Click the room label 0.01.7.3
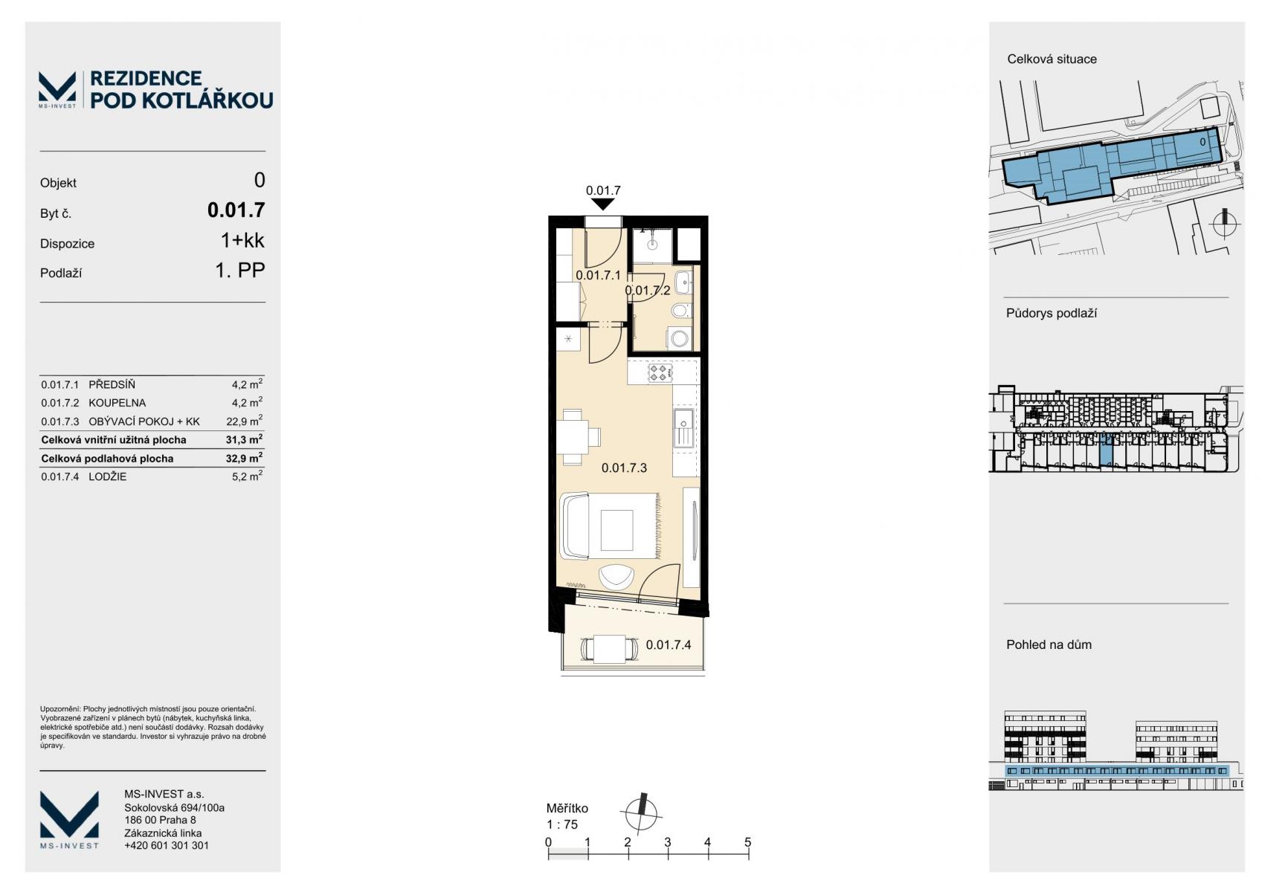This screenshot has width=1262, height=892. (x=624, y=468)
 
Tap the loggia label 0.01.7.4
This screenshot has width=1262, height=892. (x=669, y=644)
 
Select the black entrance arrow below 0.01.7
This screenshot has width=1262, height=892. (x=603, y=204)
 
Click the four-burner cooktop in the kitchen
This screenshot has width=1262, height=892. (x=660, y=372)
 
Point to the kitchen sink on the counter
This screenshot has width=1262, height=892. (x=684, y=428)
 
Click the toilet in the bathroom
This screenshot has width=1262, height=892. (x=680, y=310)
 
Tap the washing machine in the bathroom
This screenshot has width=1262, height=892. (x=680, y=338)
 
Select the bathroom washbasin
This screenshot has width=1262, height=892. (x=683, y=282)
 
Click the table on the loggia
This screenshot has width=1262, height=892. (x=610, y=649)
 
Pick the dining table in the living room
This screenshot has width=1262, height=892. (x=573, y=437)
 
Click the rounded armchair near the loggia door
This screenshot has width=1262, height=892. (x=616, y=576)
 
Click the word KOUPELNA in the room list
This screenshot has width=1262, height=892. (x=117, y=403)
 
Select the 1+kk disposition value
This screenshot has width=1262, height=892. (x=242, y=240)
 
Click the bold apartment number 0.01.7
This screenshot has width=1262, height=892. (x=236, y=210)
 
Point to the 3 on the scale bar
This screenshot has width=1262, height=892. (x=668, y=842)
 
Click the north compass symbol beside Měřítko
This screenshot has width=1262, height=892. (x=640, y=813)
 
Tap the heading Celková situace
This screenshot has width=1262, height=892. (x=1052, y=59)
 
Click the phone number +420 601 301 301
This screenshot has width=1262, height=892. (x=167, y=845)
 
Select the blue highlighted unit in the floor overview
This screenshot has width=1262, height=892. (x=1107, y=450)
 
